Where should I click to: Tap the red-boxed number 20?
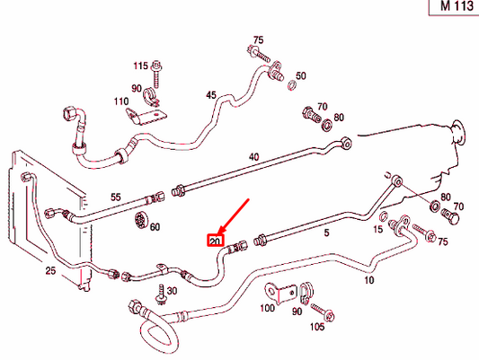[215, 241]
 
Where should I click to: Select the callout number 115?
[141, 67]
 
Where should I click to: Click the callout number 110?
[120, 102]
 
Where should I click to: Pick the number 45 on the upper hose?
[211, 94]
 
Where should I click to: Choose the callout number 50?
[300, 75]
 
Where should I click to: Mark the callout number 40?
[253, 157]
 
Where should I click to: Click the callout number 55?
[115, 197]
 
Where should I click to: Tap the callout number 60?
[155, 227]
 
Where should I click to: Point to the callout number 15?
[377, 231]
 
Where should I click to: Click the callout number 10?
[368, 280]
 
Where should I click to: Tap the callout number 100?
[267, 308]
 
